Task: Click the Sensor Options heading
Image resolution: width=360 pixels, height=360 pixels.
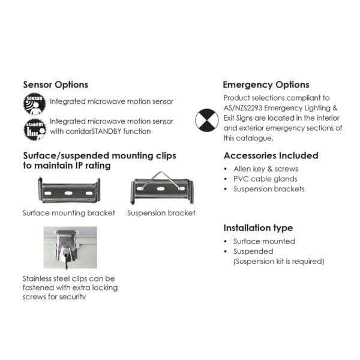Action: point(55,85)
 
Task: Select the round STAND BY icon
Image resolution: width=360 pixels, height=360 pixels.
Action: point(35,127)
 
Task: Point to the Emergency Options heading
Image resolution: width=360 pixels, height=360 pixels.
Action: point(266,85)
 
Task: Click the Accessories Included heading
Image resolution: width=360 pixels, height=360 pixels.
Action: point(271,155)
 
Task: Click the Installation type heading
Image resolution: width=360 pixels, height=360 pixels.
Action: point(258,228)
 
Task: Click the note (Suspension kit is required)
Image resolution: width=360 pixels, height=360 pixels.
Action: point(278,261)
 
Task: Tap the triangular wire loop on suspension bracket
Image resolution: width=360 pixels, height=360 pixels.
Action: point(160,177)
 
